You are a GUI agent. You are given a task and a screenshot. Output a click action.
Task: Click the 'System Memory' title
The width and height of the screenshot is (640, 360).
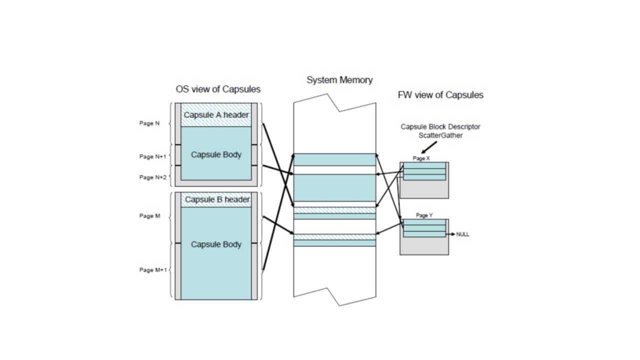(339, 80)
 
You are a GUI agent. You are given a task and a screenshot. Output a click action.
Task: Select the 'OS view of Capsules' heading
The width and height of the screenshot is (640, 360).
(218, 89)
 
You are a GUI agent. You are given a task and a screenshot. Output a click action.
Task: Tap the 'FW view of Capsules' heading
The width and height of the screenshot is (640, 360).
(440, 95)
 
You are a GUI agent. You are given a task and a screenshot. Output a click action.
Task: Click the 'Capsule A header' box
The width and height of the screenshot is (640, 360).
(216, 115)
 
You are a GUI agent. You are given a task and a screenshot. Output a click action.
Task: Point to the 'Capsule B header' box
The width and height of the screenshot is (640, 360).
(217, 200)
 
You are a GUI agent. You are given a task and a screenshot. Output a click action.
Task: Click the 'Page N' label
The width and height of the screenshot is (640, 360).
(149, 123)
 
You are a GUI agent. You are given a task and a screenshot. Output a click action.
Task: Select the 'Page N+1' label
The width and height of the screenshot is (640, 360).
(152, 156)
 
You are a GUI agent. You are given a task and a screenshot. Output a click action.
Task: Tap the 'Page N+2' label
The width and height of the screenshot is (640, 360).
(152, 177)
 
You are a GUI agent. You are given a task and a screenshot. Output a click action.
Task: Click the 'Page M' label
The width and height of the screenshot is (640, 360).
(149, 216)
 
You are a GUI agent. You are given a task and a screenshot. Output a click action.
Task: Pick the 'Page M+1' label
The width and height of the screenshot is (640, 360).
(152, 270)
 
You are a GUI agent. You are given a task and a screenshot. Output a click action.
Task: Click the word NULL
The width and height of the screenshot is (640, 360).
(463, 234)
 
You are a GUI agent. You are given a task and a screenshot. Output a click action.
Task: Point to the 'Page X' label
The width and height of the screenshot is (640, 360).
(421, 158)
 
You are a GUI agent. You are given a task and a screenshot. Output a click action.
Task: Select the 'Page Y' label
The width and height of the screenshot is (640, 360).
(424, 215)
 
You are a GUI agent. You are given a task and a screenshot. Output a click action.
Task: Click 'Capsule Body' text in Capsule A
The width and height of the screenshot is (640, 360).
(216, 154)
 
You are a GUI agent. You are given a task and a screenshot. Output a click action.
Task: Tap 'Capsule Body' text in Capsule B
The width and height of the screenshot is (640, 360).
(216, 244)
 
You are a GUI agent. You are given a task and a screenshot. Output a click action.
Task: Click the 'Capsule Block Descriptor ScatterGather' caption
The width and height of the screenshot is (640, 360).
(440, 131)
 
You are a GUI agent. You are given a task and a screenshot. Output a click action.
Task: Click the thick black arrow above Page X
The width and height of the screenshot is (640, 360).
(429, 147)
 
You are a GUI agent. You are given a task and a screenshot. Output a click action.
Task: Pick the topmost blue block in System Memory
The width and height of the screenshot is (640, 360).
(334, 159)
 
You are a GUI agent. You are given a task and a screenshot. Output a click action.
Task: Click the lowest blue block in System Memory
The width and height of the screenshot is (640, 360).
(334, 243)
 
